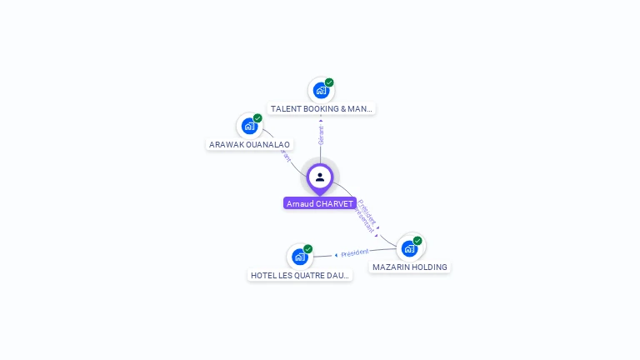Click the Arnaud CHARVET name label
[320, 203]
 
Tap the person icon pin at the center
[320, 177]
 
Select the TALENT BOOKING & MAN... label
[322, 108]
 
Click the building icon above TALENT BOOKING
[321, 91]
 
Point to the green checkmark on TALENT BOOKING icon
[329, 82]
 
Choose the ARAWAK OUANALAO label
[250, 144]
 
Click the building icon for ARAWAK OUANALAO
[249, 127]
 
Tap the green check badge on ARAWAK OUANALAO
[257, 118]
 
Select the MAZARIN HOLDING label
[410, 267]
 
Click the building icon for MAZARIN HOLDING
[409, 248]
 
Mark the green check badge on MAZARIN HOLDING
[417, 241]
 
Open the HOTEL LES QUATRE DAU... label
[300, 275]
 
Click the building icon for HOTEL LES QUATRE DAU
[300, 257]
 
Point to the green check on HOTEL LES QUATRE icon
[308, 249]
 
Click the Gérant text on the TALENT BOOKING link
[321, 134]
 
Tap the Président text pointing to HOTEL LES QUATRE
[355, 252]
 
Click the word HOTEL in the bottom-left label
[263, 275]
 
